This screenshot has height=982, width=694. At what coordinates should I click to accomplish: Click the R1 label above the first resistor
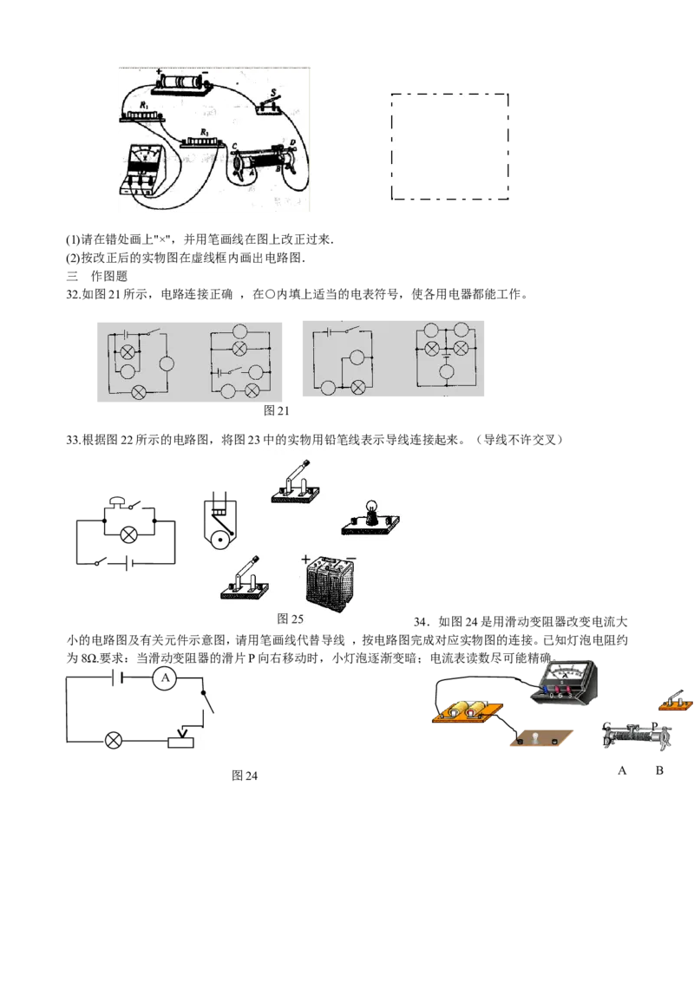pos(144,105)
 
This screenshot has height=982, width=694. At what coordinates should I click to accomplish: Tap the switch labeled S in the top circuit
pos(269,103)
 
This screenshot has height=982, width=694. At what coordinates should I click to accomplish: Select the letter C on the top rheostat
pos(234,147)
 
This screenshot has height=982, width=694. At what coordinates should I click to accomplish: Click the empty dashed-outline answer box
pos(449,147)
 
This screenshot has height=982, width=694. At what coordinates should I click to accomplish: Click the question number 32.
pos(73,294)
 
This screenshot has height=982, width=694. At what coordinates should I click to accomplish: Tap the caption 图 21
pos(276,410)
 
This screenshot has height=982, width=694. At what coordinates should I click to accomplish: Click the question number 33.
pos(73,440)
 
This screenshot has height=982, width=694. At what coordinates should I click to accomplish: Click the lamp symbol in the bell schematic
pos(129,535)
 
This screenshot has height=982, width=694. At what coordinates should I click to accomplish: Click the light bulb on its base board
pos(370,519)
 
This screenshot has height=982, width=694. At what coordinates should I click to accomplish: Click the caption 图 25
pos(290,619)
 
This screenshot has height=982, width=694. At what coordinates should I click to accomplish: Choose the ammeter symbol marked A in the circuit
pos(166,678)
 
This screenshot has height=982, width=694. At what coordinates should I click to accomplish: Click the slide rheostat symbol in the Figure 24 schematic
pos(181,738)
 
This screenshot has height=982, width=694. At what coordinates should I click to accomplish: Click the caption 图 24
pos(245,776)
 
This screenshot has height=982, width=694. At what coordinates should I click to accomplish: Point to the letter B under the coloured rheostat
pos(659,770)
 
